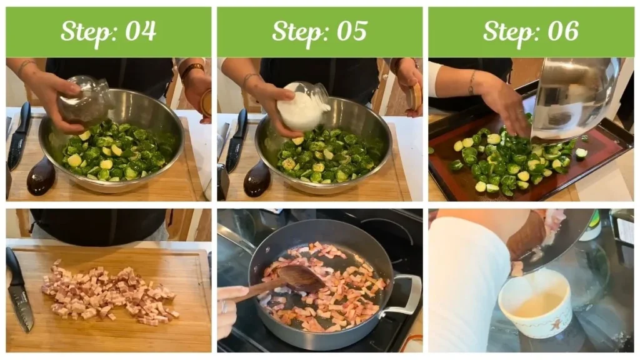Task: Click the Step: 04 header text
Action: point(108,31)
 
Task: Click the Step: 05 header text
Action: point(319,31)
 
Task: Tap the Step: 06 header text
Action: point(531,31)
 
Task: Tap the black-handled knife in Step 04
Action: point(19,134)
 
